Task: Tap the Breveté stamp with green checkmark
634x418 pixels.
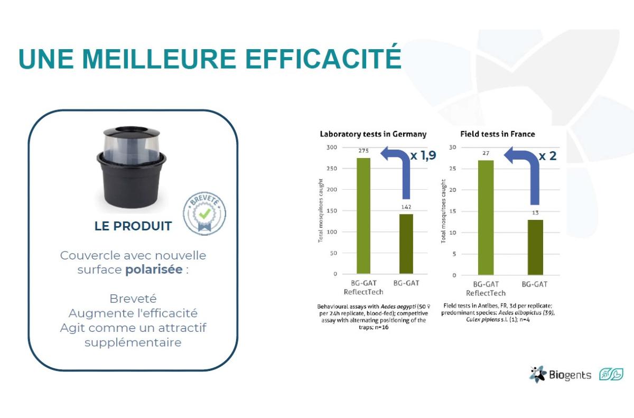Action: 204,213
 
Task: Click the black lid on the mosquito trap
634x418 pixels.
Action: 132,132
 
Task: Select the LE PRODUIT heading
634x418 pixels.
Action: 133,226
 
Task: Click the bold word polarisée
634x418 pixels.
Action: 154,270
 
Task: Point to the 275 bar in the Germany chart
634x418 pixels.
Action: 363,216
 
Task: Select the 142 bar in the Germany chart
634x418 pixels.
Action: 406,244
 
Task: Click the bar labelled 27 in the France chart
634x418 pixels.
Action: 486,218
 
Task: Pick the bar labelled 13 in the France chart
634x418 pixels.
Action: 535,247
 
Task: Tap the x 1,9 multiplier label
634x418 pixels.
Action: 423,155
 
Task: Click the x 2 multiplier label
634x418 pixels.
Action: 547,156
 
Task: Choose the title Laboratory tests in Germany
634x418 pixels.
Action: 373,134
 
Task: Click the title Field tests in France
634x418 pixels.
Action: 498,134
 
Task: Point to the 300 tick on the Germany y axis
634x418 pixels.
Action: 331,147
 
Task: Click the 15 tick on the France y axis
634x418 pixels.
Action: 453,211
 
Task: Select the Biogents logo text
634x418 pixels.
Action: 570,375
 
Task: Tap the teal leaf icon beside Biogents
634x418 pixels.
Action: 611,374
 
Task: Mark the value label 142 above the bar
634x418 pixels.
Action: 406,207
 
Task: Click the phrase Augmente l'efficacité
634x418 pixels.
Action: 133,313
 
